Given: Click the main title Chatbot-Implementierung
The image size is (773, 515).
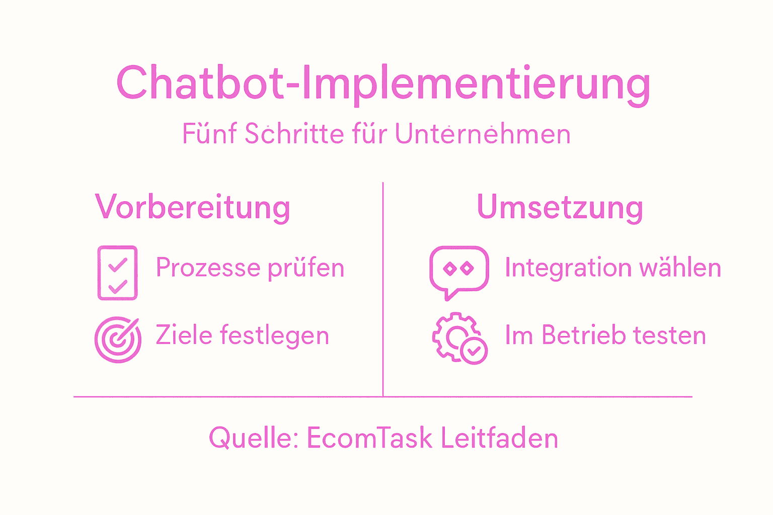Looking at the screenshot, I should click(x=383, y=83).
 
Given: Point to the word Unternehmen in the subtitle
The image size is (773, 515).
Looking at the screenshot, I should click(x=483, y=134).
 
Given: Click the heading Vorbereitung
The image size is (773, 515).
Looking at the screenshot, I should click(x=193, y=207).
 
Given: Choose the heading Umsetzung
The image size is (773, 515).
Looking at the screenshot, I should click(x=560, y=207).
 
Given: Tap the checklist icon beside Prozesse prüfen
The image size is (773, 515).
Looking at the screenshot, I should click(x=117, y=273).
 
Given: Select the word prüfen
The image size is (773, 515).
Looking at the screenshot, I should click(x=306, y=268).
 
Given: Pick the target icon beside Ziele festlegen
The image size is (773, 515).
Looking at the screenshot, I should click(x=118, y=339).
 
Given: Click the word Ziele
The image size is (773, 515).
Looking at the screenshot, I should click(x=184, y=335).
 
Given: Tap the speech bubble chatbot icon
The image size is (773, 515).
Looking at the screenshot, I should click(x=458, y=272).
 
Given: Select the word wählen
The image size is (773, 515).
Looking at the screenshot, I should click(x=680, y=268).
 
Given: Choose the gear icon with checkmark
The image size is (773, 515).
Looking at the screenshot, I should click(x=459, y=338).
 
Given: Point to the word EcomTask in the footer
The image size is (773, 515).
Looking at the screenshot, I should click(x=369, y=438).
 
